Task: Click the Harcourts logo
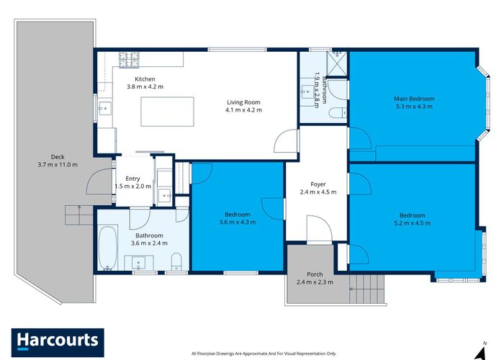(x=58, y=341)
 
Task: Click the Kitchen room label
(x=145, y=79)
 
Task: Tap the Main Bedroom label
(x=413, y=99)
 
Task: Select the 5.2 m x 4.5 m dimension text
(x=413, y=223)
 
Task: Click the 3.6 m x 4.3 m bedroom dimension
(x=237, y=222)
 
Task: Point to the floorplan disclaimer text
(x=264, y=354)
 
